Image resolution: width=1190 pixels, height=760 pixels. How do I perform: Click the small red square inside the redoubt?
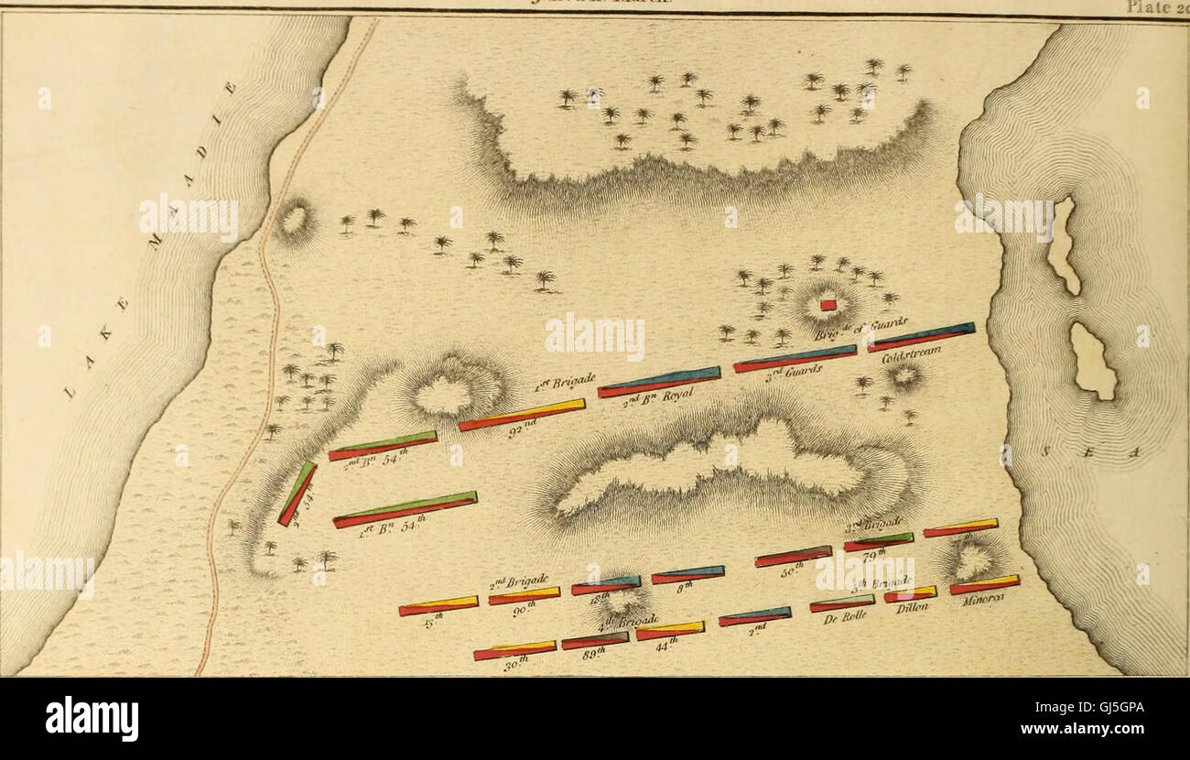(x=828, y=305)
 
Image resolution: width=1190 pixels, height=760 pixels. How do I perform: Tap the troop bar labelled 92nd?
(x=522, y=415)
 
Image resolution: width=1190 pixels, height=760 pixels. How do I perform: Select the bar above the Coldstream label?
(x=920, y=337)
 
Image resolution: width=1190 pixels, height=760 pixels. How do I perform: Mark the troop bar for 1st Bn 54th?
(x=405, y=510)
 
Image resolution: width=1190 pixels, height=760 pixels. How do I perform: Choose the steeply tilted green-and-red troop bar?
(x=297, y=494)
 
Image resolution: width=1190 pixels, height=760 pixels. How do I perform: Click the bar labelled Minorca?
(x=984, y=584)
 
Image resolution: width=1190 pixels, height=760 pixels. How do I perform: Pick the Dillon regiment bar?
(x=910, y=594)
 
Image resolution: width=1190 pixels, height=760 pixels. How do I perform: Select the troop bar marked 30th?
(x=514, y=650)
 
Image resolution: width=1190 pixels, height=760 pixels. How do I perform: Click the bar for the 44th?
(x=670, y=631)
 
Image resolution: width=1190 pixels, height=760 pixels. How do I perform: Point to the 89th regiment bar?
(x=595, y=641)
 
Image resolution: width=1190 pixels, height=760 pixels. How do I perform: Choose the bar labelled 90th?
(x=524, y=596)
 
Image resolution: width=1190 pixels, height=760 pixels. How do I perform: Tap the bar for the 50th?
(x=793, y=557)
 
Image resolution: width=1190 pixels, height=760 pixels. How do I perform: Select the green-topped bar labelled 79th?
(x=878, y=541)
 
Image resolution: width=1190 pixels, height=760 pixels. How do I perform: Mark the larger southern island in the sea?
(x=1093, y=361)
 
